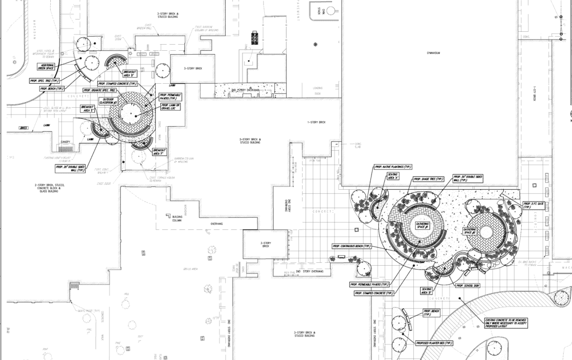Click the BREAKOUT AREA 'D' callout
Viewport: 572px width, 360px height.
coord(130,74)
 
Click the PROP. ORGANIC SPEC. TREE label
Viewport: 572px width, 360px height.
coord(99,89)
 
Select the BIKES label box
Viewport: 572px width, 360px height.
coord(23,127)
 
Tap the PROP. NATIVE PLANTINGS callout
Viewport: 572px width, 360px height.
coord(393,166)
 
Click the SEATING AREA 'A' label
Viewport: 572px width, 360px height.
coord(393,176)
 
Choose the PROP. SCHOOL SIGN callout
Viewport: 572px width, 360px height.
coord(468,286)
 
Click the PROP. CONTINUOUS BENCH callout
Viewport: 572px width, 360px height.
coord(352,246)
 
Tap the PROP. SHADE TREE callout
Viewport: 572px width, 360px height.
coord(428,179)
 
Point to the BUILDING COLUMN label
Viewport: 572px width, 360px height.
coord(178,217)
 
